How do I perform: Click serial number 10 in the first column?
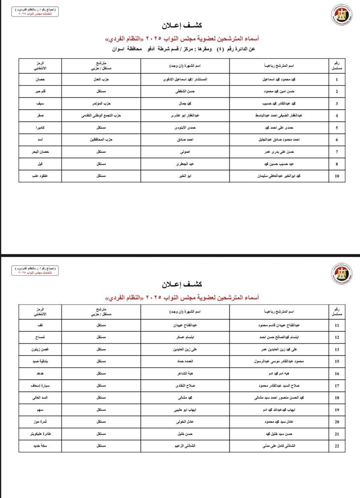pos(337,176)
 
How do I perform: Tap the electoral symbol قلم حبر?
pos(40,91)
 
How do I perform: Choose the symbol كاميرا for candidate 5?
pos(40,128)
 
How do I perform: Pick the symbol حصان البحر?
pos(40,152)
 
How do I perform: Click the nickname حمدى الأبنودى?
pos(185,128)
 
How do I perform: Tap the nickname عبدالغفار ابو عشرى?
pos(185,116)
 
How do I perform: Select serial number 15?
pos(337,361)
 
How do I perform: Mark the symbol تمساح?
pos(40,337)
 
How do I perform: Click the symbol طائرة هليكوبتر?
pos(40,434)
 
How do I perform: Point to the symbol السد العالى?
pos(40,398)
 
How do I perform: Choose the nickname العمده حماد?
pos(185,361)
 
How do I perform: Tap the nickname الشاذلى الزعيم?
pos(185,446)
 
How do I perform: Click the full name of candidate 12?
pos(279,337)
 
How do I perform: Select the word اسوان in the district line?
pos(119,49)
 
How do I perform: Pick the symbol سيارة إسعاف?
pos(40,386)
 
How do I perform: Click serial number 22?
pos(337,446)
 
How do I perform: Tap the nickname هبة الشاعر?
pos(185,373)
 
